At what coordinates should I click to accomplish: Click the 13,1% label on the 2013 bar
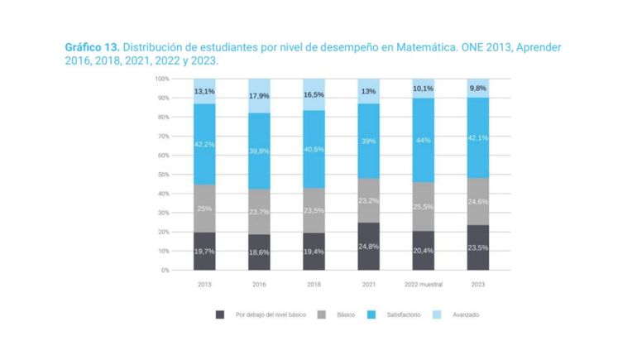point(204,91)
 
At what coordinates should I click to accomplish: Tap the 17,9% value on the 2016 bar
point(259,96)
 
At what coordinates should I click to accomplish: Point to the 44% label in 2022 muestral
point(424,141)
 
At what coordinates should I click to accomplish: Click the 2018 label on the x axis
point(314,284)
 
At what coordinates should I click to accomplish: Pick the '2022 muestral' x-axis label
point(424,284)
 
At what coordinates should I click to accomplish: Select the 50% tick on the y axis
point(163,175)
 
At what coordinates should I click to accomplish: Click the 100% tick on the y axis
point(161,79)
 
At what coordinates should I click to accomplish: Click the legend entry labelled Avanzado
point(467,314)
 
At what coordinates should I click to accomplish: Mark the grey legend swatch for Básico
point(321,314)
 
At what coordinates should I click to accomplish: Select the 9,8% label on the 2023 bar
point(478,88)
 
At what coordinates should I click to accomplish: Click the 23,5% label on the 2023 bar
point(478,247)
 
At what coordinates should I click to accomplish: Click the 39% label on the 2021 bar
point(369,142)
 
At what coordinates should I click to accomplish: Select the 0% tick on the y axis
point(165,270)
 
